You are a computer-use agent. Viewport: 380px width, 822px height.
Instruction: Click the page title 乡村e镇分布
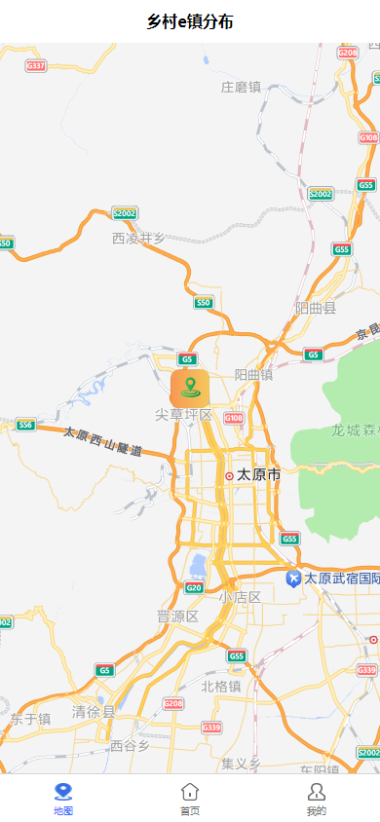pos(190,21)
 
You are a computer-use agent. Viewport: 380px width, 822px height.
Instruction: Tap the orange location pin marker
pos(190,388)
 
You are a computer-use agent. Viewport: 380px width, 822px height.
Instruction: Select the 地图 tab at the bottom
pos(63,798)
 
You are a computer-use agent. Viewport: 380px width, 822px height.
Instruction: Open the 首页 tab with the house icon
pos(190,798)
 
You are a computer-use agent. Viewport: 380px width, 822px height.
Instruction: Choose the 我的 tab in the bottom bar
pos(316,798)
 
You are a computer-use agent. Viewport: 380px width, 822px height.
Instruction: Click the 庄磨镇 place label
pos(242,88)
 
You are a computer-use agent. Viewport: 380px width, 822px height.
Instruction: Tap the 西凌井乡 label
pos(138,238)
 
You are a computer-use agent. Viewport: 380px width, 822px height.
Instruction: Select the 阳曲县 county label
pos(316,309)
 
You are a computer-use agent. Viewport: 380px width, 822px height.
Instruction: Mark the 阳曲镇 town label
pos(253,375)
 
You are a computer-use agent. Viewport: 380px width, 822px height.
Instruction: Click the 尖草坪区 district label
pos(183,415)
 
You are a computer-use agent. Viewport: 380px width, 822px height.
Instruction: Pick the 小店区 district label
pos(240,597)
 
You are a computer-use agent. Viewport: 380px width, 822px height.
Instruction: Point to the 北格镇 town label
pos(221,686)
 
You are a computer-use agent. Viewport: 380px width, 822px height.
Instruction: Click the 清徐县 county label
pos(94,712)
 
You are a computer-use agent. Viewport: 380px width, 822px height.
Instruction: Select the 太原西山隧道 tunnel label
pos(103,441)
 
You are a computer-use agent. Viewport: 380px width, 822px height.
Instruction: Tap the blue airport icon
pos(293,579)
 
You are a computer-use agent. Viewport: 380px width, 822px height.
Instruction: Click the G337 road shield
pos(36,65)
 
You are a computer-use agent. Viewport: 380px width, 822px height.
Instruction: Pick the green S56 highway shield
pos(25,425)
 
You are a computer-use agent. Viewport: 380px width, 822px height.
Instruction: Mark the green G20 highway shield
pos(194,587)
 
